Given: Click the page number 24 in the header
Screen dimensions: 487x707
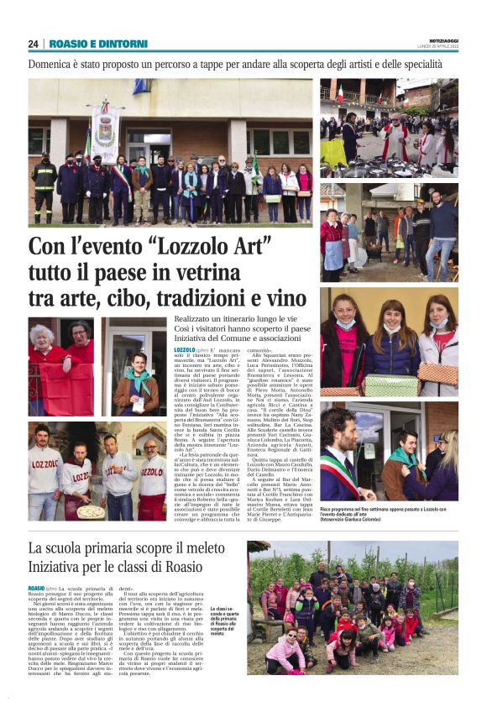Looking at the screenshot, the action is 34,44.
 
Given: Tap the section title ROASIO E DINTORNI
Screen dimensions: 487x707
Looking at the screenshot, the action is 98,44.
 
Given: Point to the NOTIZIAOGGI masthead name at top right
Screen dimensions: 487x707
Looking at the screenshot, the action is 439,39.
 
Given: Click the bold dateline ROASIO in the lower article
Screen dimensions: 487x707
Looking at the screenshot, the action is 36,588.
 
